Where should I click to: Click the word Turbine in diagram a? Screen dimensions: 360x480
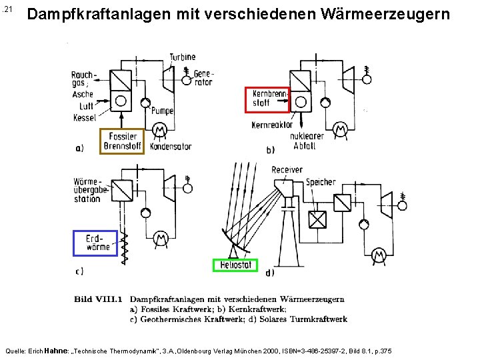182,57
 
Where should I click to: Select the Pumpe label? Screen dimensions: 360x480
162,111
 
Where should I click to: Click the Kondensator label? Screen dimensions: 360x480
171,146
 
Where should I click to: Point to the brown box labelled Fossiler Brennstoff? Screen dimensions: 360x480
122,141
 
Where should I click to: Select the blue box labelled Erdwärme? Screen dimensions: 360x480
95,243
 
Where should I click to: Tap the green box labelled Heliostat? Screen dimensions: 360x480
234,265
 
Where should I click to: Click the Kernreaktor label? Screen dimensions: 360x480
272,125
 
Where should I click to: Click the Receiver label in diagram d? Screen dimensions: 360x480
287,170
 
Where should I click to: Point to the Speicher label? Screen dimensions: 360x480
321,182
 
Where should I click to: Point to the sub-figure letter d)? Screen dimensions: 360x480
269,272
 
